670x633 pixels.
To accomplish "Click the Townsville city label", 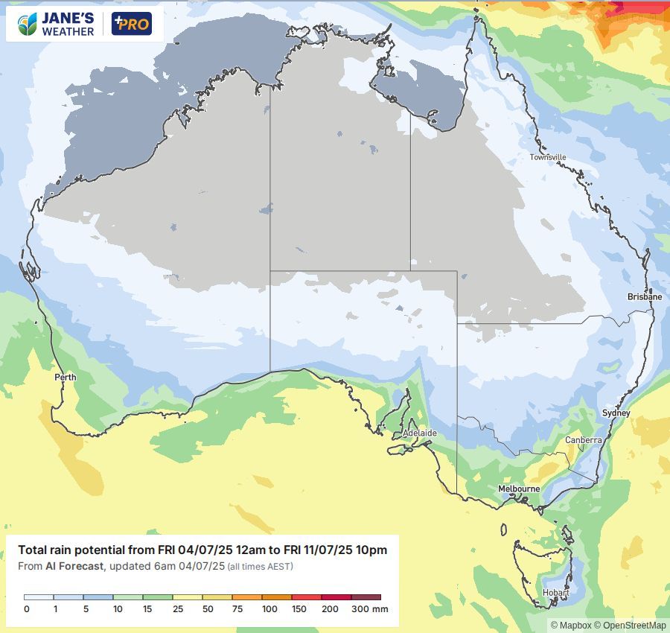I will pos(548,157).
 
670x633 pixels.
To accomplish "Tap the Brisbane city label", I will pos(644,296).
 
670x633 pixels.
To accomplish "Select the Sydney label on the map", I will pos(616,413).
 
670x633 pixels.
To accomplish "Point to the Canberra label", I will pos(583,440).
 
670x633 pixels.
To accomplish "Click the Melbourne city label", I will pos(519,489).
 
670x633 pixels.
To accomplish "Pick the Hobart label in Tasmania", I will pos(555,594).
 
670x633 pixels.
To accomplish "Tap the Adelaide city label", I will pos(419,433).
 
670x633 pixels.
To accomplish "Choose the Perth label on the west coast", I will pos(66,378).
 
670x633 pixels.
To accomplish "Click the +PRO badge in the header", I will pos(131,24).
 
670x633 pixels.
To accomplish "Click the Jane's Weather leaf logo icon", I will pos(28,24).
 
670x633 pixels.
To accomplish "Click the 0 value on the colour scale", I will pos(27,609).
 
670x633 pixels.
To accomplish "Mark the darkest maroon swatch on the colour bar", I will pos(366,597).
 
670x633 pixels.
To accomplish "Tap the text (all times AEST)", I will pos(260,567).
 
